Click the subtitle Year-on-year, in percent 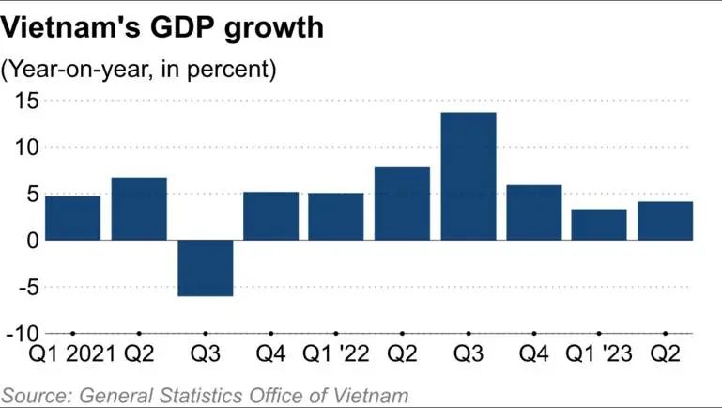[140, 69]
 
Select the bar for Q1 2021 [73, 217]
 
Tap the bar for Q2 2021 [139, 208]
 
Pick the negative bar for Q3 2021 [205, 268]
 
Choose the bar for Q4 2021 [270, 215]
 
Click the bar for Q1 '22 [336, 216]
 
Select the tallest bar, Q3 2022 [468, 176]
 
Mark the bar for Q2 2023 [665, 220]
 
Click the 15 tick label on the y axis [23, 100]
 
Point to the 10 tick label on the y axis [23, 147]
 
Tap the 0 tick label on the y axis [31, 240]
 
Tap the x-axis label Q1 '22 [336, 358]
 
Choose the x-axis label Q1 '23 [599, 358]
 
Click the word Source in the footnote [33, 395]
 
